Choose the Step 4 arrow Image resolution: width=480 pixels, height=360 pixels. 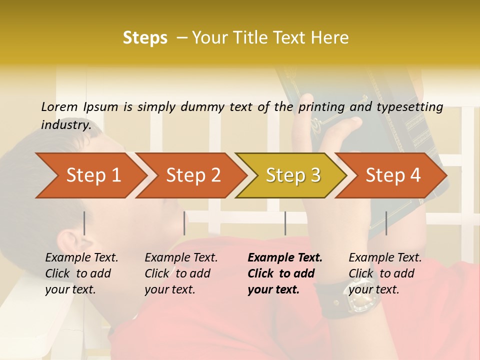[392, 175]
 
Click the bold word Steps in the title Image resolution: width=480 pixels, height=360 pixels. [145, 37]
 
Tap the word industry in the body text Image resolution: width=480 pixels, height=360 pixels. [65, 124]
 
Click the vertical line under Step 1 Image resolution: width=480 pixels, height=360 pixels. [84, 223]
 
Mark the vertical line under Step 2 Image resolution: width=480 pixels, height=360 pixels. [184, 223]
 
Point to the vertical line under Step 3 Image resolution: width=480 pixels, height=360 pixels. [285, 223]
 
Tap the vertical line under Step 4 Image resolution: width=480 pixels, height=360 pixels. [386, 223]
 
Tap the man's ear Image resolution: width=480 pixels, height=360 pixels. [75, 245]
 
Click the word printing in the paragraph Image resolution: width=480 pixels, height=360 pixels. [322, 106]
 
